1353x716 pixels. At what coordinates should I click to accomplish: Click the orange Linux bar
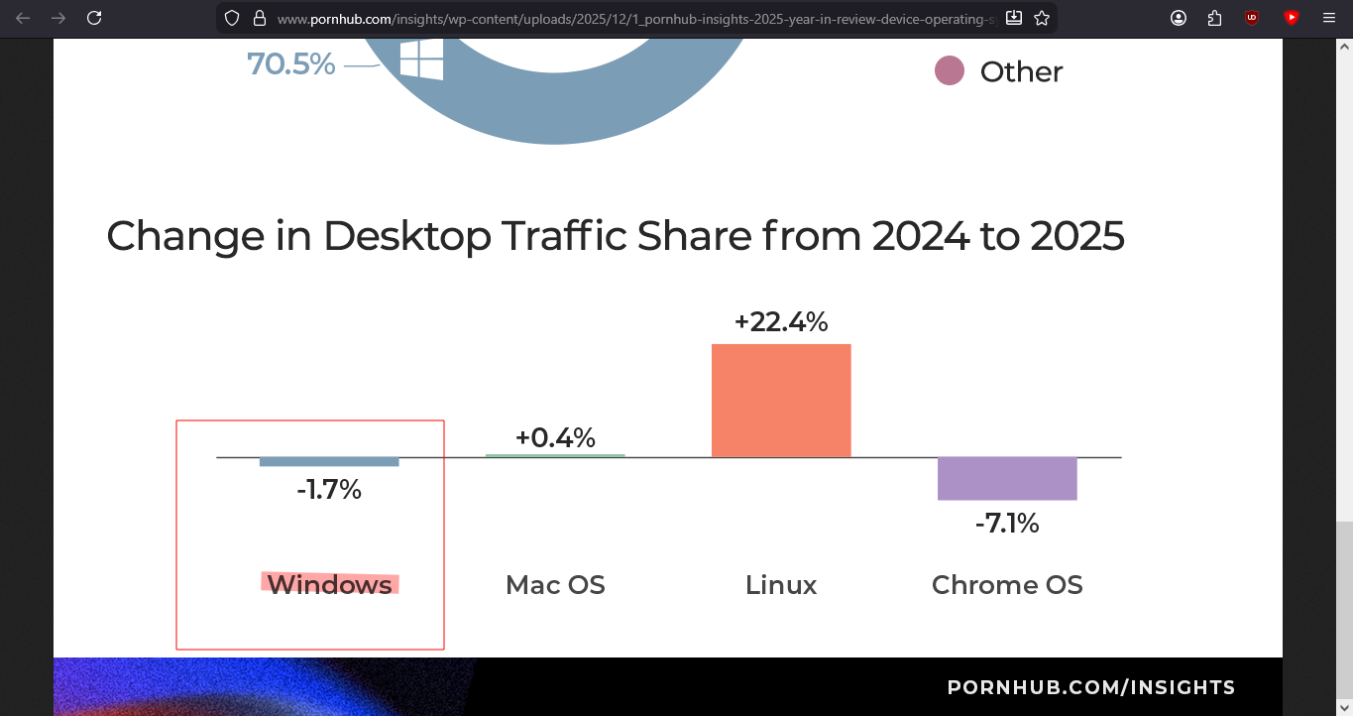tap(781, 401)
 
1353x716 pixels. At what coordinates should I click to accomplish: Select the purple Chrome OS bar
tap(1007, 478)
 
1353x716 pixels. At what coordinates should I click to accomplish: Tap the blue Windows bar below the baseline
tap(329, 462)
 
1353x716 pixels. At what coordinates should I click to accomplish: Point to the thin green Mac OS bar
tap(555, 455)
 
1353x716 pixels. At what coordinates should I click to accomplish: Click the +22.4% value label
tap(781, 322)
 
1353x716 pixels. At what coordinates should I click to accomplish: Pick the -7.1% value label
tap(1007, 524)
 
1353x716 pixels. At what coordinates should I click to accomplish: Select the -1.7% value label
tap(329, 490)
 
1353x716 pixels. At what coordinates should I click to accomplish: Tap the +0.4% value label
tap(555, 437)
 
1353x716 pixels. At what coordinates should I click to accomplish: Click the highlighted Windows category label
tap(330, 585)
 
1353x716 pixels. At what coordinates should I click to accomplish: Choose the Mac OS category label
tap(555, 585)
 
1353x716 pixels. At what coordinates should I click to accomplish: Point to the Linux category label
tap(781, 585)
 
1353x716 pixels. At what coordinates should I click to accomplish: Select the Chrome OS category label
tap(1007, 585)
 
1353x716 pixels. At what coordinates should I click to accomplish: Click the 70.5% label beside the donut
tap(291, 64)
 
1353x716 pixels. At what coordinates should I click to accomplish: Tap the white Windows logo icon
tap(421, 61)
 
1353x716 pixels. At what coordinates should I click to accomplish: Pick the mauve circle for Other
tap(950, 71)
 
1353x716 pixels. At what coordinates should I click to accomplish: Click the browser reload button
tap(94, 18)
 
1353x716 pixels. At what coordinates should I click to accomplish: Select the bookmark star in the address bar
tap(1042, 18)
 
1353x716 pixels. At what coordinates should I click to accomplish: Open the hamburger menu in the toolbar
tap(1329, 18)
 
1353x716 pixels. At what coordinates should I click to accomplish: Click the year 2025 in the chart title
tap(1077, 236)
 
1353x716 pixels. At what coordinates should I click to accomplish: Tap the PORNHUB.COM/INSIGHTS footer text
tap(1091, 687)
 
